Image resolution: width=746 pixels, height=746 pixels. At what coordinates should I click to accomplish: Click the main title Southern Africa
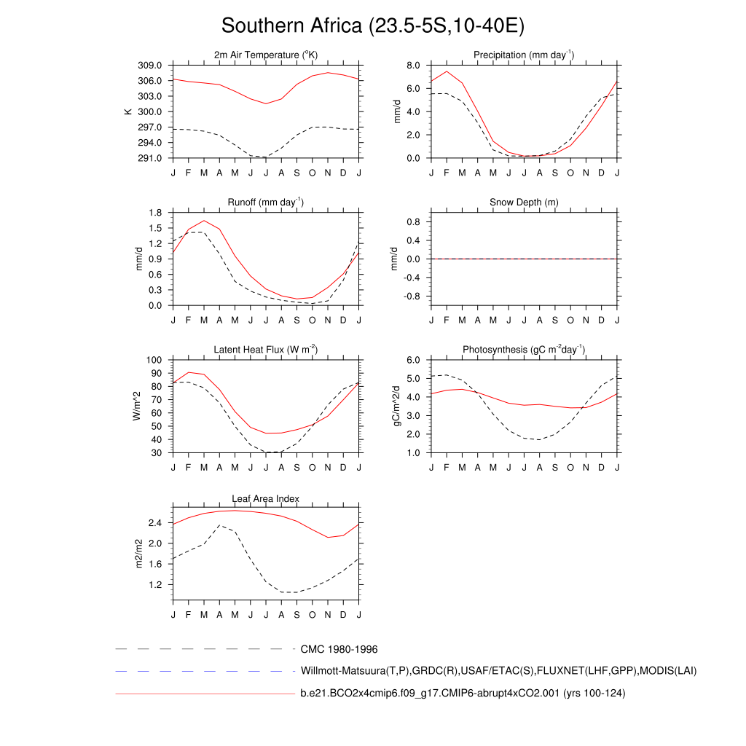point(372,26)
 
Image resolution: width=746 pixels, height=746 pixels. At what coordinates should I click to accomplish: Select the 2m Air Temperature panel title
point(266,55)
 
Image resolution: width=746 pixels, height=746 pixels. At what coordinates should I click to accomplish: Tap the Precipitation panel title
point(524,55)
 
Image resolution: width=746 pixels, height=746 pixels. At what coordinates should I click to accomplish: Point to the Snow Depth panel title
point(524,202)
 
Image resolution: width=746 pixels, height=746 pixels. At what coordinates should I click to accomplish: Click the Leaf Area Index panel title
point(266,499)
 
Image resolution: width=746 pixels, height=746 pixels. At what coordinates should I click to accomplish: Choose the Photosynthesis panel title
point(524,350)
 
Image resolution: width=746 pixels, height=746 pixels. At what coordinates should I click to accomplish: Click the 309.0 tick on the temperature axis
point(149,66)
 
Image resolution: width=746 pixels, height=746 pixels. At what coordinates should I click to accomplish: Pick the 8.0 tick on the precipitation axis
point(412,66)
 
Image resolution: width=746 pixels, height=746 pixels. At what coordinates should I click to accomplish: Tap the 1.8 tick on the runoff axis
point(154,213)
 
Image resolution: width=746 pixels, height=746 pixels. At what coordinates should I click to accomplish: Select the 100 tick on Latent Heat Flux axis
point(153,361)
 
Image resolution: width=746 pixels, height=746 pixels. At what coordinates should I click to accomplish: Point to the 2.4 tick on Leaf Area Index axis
point(154,523)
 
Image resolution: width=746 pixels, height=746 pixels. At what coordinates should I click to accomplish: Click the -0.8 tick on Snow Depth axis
point(410,297)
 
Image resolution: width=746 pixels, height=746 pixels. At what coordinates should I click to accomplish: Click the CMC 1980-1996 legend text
point(339,648)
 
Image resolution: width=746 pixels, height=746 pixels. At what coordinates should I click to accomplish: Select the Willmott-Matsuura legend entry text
point(498,670)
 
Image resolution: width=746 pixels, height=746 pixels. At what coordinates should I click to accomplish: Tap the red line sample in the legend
point(204,694)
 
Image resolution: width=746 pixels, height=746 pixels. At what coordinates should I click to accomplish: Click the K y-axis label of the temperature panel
point(127,111)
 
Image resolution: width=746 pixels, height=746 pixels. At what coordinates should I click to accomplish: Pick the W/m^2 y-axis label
point(136,406)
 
